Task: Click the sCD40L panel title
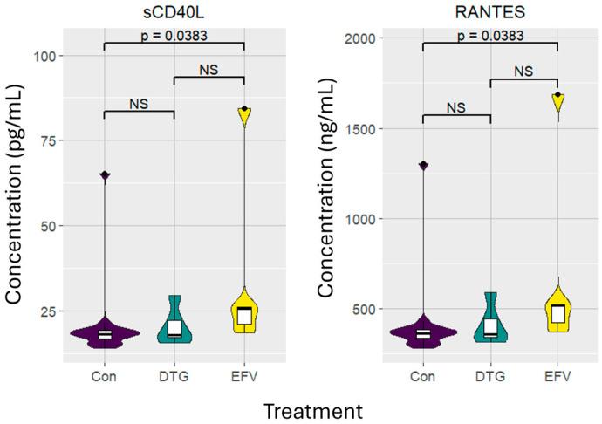click(x=174, y=10)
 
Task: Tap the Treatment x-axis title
click(x=301, y=409)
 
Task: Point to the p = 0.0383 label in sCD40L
click(x=174, y=35)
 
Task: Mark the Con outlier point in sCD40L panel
click(x=104, y=175)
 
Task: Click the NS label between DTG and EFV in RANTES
click(x=523, y=72)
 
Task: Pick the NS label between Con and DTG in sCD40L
click(x=139, y=104)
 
